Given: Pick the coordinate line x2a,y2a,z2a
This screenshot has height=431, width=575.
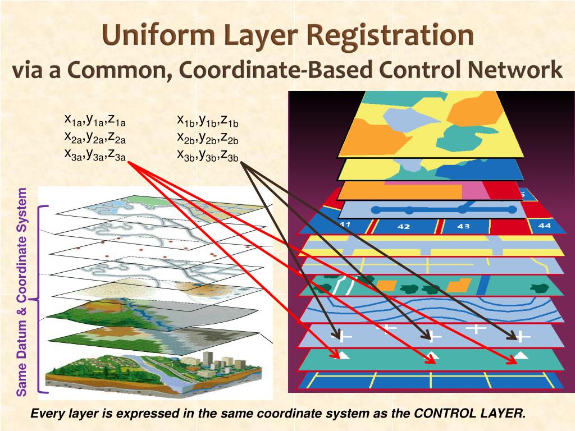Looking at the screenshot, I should coord(95,137).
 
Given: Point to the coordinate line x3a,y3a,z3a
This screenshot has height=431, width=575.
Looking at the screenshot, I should coord(95,154).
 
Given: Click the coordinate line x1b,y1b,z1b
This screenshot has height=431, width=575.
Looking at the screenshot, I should coord(208,120).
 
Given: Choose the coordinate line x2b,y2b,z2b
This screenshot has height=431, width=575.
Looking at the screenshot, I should coord(208,137).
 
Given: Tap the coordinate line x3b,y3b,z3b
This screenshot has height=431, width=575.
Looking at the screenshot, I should coord(208,154).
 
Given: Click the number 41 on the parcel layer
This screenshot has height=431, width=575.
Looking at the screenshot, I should coord(345,224).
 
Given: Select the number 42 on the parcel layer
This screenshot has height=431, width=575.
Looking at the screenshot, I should coord(403,227).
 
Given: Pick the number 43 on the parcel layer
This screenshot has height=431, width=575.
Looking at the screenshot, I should coord(463,226).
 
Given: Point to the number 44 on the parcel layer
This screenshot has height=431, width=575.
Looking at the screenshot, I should coord(544,225).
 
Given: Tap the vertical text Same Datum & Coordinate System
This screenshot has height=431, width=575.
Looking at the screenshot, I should coord(22,292).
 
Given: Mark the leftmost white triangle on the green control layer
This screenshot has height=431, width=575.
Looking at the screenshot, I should coord(343,355).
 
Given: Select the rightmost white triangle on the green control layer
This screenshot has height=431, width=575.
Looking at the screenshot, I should coord(522,355).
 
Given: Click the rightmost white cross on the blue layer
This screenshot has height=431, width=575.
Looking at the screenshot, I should coord(523,336).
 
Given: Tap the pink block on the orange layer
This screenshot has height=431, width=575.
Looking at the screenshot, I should coord(472,191).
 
